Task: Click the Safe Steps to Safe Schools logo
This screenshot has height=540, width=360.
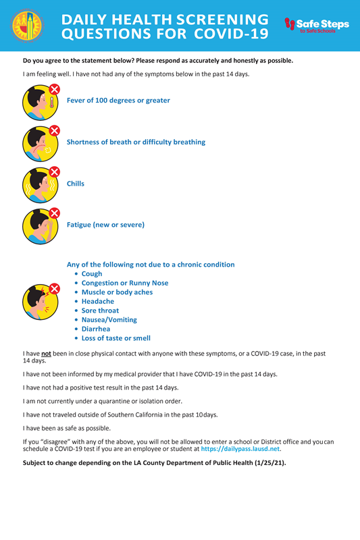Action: coord(317,26)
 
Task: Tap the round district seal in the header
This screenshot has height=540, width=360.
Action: coord(27,26)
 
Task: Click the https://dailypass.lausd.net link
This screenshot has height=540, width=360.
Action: coord(240,448)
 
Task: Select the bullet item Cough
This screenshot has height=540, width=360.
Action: coord(92,274)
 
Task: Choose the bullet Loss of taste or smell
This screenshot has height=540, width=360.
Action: coord(115,338)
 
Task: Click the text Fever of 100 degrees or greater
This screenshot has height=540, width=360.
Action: coord(118,101)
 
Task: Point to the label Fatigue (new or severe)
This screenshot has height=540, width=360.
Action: coord(105,224)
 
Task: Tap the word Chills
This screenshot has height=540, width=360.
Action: coord(76,183)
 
